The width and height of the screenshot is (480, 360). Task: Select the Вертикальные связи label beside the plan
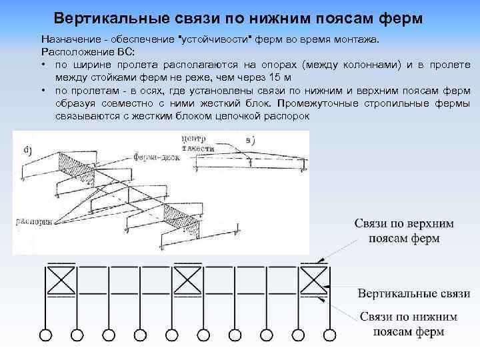point(413,293)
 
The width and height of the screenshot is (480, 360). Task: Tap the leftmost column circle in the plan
point(46,335)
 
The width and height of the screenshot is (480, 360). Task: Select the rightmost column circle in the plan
point(327,335)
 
